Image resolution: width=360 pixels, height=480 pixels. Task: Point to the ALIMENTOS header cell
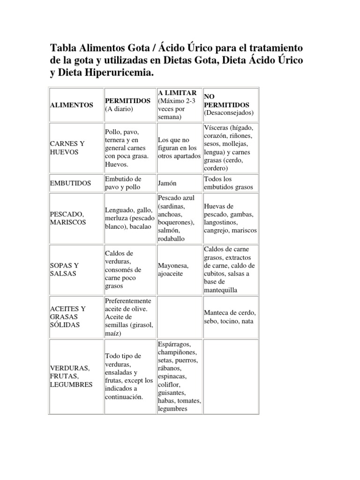tap(71, 105)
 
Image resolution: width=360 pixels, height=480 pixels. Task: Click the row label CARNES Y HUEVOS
tap(68, 148)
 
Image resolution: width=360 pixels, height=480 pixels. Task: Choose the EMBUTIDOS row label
tap(70, 183)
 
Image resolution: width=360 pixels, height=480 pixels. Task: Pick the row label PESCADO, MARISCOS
tap(67, 218)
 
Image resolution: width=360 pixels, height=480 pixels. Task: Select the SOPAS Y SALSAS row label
tap(64, 269)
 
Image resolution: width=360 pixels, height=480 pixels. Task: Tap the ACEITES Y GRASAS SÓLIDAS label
tap(68, 316)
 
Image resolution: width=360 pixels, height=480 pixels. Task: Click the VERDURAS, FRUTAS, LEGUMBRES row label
tap(71, 376)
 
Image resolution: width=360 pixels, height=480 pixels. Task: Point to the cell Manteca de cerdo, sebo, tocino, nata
tap(229, 317)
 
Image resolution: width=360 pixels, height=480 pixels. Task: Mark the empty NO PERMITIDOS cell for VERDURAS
tap(230, 377)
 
